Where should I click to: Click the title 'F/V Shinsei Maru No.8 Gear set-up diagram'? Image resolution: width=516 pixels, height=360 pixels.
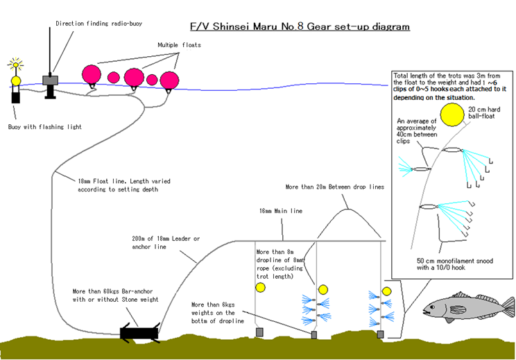point(300,27)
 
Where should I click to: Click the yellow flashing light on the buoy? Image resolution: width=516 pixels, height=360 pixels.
point(15,80)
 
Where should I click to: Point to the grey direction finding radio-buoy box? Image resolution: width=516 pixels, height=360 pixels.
point(49,80)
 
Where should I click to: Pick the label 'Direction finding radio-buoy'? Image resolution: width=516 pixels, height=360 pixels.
point(98,24)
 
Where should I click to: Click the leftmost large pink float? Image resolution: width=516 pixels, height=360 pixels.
point(92,74)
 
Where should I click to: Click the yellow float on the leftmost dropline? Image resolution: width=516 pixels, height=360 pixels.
point(260,287)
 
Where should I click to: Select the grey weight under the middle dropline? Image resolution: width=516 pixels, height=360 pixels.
point(313,335)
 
